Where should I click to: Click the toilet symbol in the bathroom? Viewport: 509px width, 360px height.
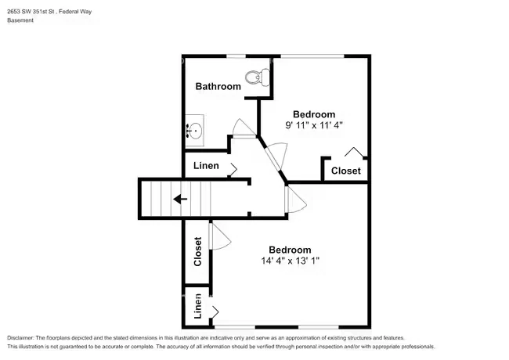258,77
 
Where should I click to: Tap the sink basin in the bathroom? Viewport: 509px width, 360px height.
194,131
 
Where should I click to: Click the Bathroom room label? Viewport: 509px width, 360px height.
218,86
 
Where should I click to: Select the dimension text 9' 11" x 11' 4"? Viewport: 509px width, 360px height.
314,125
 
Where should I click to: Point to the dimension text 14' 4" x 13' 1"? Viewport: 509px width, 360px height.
291,261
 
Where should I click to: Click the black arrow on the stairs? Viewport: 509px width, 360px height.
180,199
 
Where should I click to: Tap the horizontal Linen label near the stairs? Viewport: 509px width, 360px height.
206,166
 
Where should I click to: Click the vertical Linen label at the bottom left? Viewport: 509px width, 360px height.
197,306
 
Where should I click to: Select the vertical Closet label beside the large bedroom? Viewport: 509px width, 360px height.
197,252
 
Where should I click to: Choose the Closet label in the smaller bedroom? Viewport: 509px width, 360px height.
345,171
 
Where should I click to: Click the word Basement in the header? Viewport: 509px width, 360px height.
20,20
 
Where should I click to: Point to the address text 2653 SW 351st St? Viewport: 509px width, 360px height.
31,12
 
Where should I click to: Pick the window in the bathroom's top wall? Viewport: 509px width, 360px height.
236,56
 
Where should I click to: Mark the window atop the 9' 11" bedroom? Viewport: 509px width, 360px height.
312,56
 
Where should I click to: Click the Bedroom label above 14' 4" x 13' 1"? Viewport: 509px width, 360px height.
290,250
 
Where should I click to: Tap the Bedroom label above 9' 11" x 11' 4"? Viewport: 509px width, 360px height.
314,114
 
